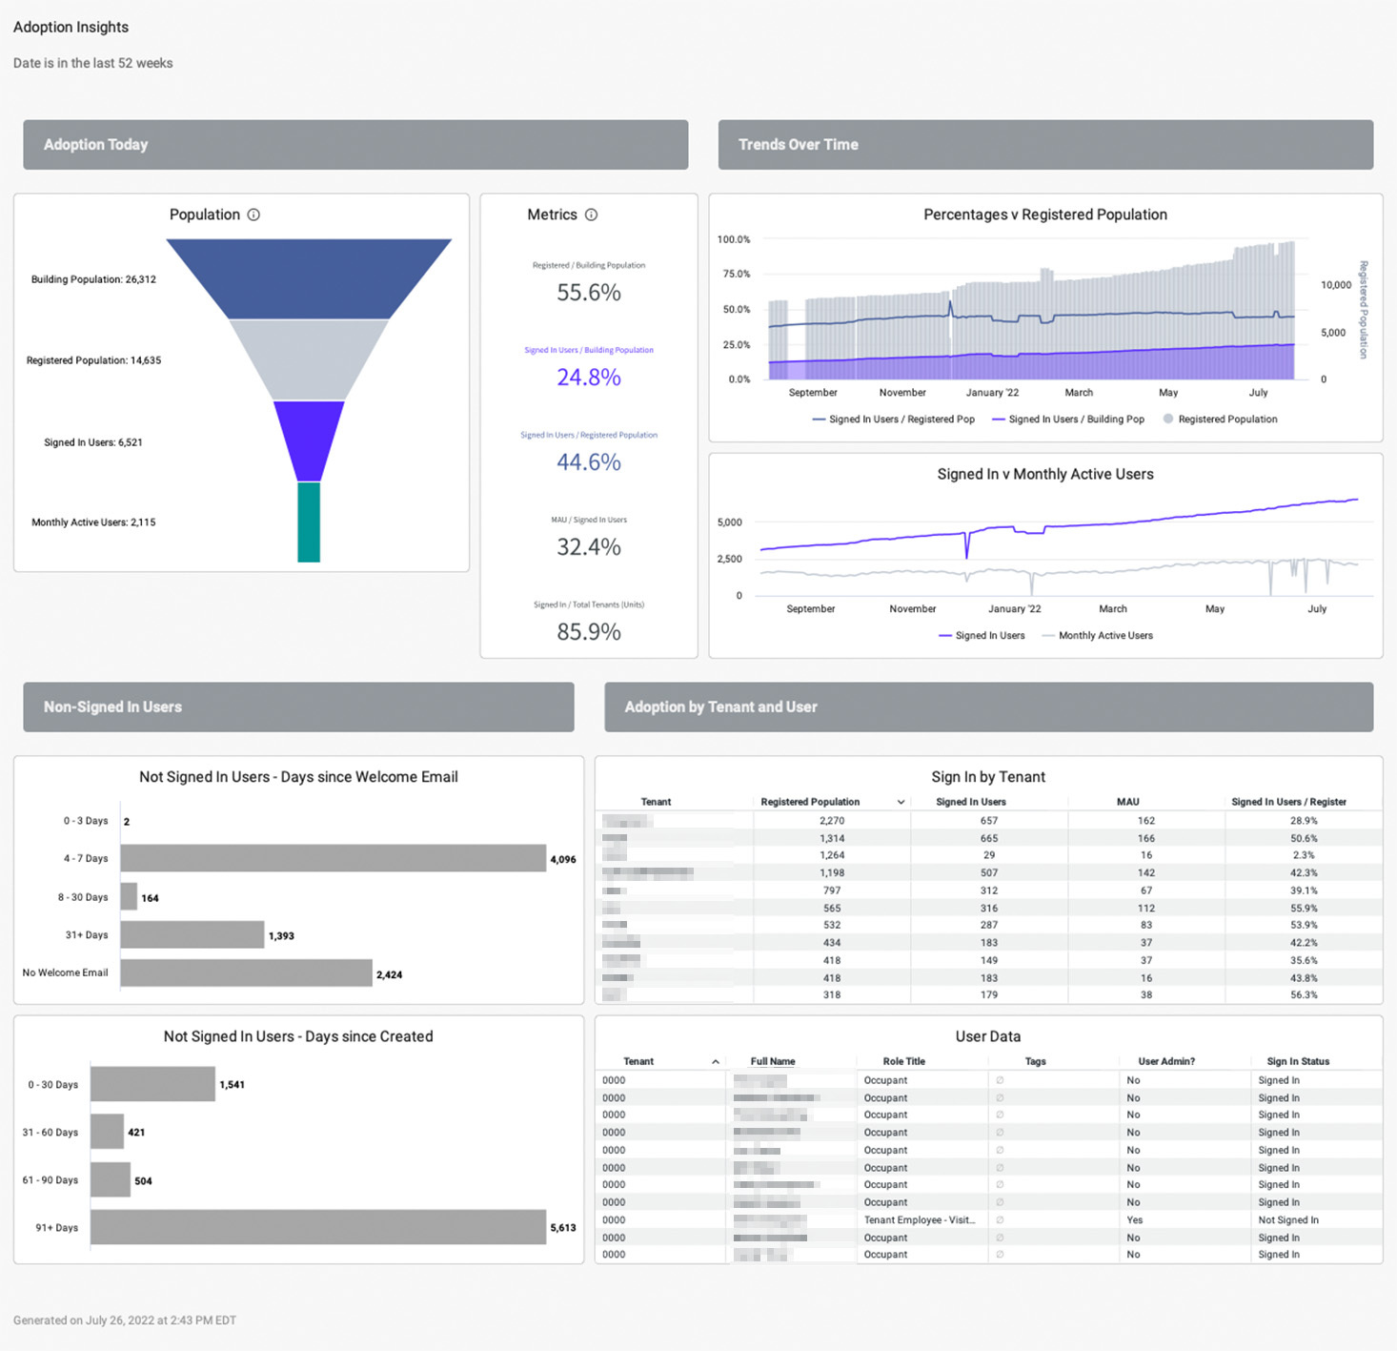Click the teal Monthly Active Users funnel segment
coord(309,522)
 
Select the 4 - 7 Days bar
coord(333,858)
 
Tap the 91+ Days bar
coord(318,1227)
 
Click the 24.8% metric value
coord(589,378)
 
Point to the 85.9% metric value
coord(589,632)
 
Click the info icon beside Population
coord(253,215)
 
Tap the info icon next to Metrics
coord(591,215)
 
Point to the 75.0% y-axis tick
coord(734,274)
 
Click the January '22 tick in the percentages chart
coord(992,393)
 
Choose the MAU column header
coord(1128,802)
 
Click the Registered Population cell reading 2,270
coord(832,821)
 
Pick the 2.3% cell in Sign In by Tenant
coord(1304,855)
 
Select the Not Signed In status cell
coord(1288,1220)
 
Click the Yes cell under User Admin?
coord(1135,1220)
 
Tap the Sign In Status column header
coord(1298,1061)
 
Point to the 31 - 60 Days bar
coord(107,1132)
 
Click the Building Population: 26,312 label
coord(93,279)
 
